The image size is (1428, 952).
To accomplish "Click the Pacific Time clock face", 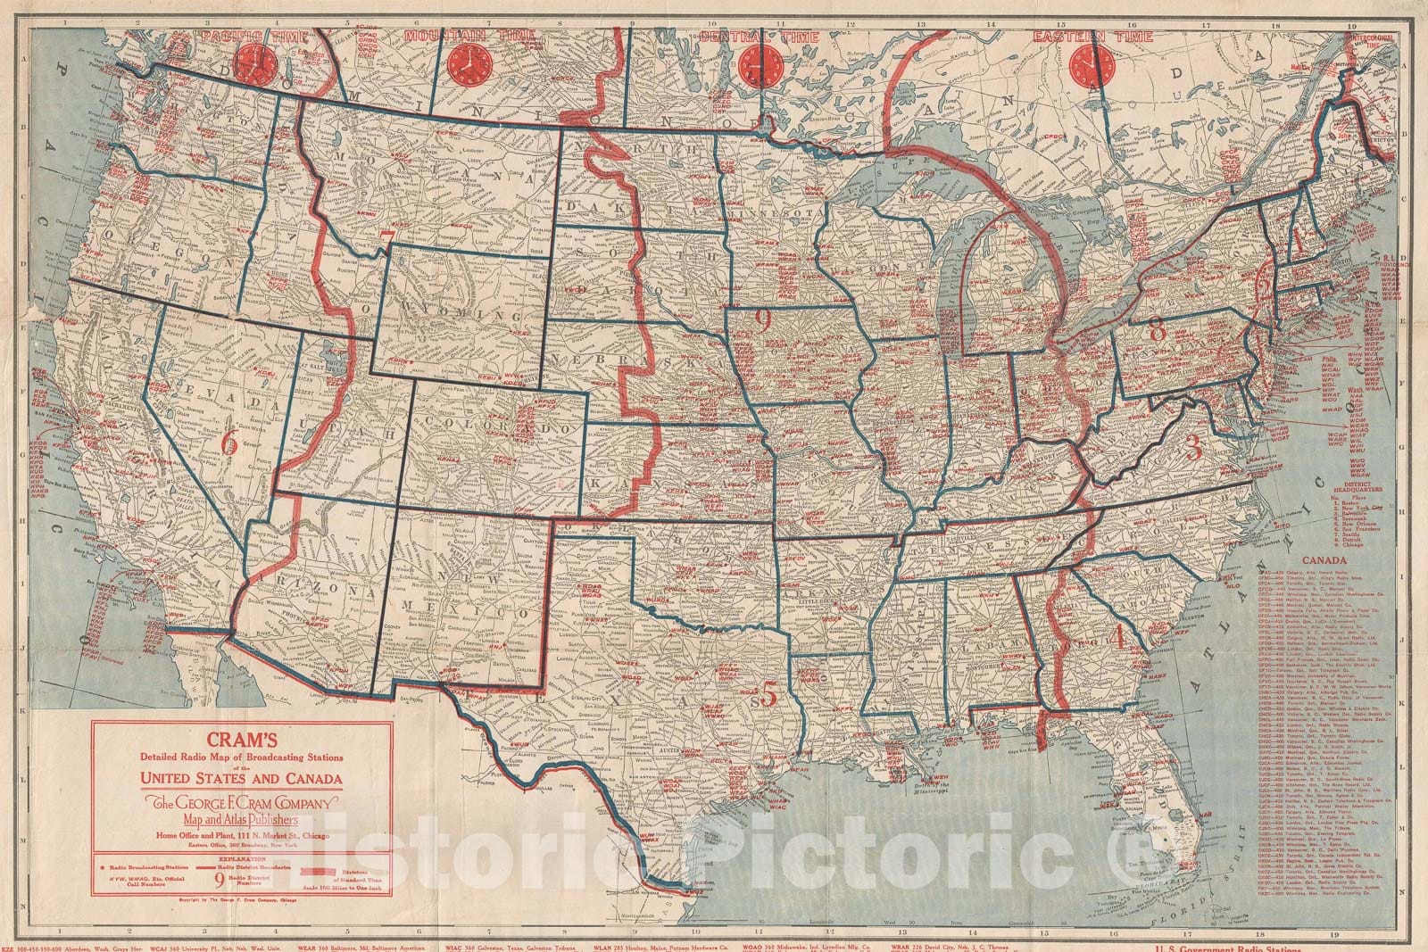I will coord(259,63).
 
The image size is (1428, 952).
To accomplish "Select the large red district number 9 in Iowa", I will coord(762,319).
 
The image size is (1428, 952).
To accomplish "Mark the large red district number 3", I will coord(1192,448).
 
